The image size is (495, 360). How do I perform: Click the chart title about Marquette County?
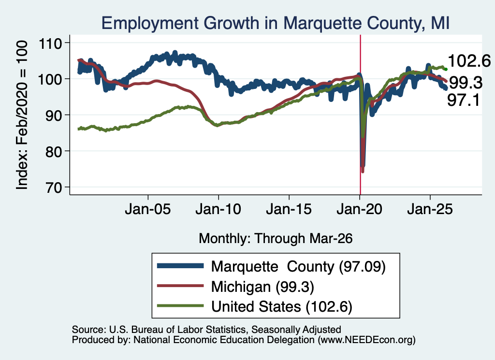(x=275, y=23)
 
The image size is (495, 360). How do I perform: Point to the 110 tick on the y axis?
(x=50, y=43)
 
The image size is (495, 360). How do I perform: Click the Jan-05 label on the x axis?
(x=148, y=209)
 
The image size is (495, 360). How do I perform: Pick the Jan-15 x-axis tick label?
(x=289, y=209)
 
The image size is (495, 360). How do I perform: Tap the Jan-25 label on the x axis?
(x=430, y=209)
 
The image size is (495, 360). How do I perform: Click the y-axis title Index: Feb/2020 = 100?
(x=22, y=115)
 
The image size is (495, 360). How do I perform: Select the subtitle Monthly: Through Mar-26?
(x=276, y=239)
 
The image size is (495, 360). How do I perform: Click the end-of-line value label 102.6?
(x=469, y=60)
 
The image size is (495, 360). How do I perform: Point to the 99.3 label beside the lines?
(x=466, y=83)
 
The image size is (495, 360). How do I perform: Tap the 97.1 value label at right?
(x=464, y=101)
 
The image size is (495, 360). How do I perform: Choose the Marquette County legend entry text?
(x=298, y=267)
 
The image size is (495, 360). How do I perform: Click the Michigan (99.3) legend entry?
(x=262, y=287)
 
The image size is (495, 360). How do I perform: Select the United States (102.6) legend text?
(x=282, y=307)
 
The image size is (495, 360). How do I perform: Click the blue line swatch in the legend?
(x=180, y=266)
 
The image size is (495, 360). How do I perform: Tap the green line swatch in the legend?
(x=180, y=305)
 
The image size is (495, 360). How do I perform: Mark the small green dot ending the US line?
(x=446, y=69)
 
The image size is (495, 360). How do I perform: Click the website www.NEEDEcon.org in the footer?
(x=366, y=340)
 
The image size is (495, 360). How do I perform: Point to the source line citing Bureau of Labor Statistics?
(x=206, y=330)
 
